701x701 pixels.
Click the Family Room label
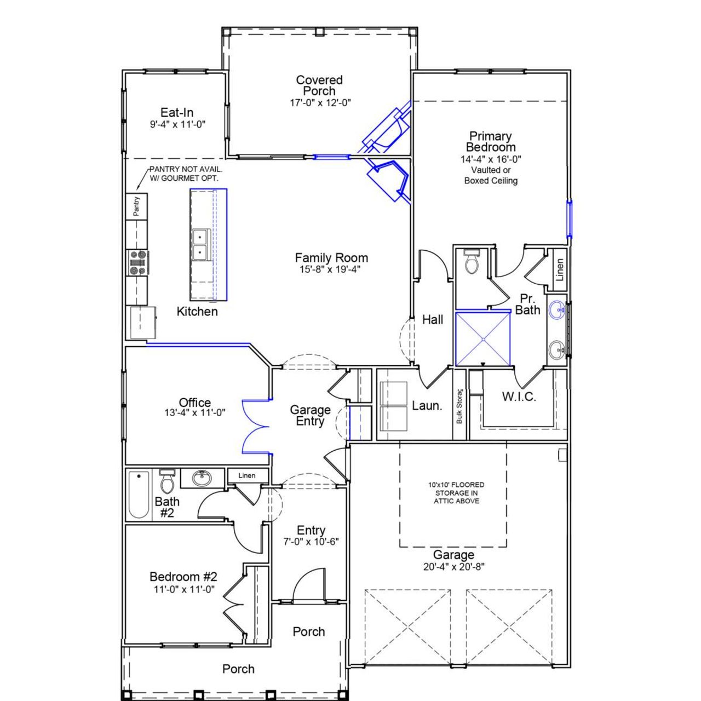(x=331, y=257)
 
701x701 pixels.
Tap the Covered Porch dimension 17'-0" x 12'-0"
(x=320, y=102)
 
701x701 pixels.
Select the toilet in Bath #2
(x=166, y=481)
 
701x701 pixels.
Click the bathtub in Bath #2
(x=139, y=495)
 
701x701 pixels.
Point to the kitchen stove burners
(x=137, y=262)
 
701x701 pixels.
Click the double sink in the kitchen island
(x=201, y=245)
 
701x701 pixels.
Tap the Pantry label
(x=136, y=205)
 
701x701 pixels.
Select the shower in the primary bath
(x=483, y=338)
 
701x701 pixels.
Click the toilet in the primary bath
(x=471, y=263)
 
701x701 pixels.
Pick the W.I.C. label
(x=519, y=397)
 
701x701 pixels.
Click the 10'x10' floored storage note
(x=456, y=493)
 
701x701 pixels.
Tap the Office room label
(x=194, y=403)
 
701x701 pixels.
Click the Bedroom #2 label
(x=183, y=577)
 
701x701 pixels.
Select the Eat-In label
(x=177, y=113)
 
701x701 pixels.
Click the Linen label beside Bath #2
(x=246, y=475)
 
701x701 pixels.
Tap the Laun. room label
(x=427, y=406)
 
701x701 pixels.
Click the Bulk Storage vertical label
(x=459, y=406)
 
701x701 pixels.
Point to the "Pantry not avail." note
(x=183, y=174)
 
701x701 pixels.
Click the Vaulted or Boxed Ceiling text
(x=491, y=175)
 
